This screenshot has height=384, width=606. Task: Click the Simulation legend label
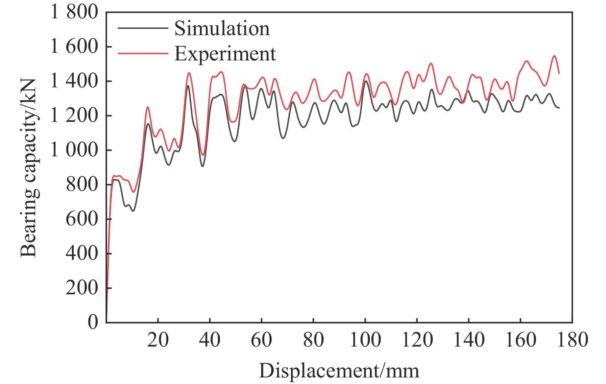(222, 29)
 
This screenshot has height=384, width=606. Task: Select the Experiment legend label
(225, 54)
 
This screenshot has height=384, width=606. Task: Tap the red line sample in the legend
(143, 54)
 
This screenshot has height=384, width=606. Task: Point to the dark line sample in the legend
(143, 28)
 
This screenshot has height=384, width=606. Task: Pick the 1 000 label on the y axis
(74, 150)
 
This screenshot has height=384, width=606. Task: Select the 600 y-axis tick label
(82, 219)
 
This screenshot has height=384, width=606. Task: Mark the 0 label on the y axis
(93, 322)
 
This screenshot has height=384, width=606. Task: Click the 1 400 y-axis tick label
(74, 81)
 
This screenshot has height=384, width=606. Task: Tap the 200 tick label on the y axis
(82, 288)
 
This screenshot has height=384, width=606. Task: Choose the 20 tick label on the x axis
(158, 340)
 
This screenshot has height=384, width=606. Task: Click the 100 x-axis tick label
(365, 340)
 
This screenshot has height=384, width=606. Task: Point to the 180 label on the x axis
(572, 340)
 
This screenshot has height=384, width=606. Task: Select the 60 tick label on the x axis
(261, 340)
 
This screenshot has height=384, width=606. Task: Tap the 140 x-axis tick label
(469, 340)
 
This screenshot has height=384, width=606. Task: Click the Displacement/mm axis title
(339, 371)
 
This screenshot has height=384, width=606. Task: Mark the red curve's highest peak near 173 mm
(554, 56)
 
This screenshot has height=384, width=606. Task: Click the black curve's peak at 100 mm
(366, 81)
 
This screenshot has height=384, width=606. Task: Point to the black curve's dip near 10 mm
(133, 211)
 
